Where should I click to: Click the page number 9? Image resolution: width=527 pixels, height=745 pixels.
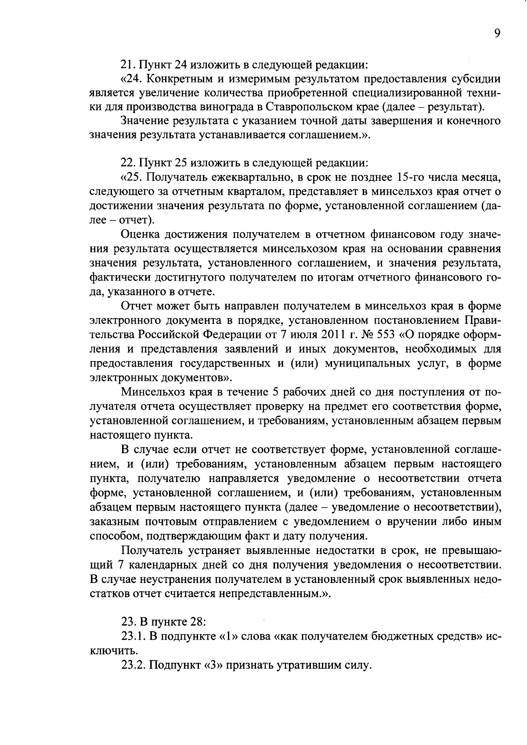click(497, 34)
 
